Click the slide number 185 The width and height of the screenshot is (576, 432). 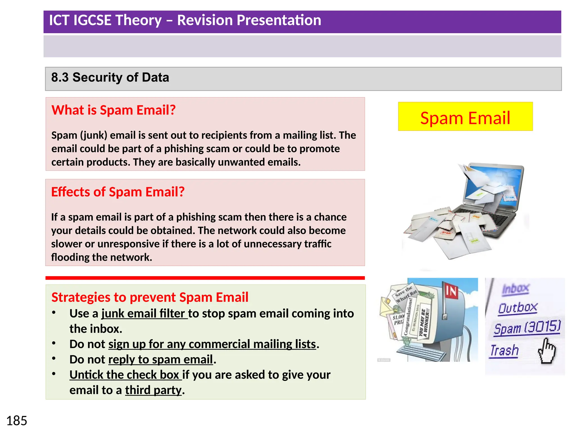(17, 421)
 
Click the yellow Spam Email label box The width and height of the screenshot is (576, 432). (465, 117)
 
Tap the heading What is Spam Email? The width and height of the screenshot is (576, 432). (113, 110)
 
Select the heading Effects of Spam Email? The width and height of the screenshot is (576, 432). (118, 192)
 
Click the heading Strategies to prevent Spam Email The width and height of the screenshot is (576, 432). (150, 297)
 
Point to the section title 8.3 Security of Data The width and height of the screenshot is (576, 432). (110, 77)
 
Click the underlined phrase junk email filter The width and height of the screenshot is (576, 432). (144, 314)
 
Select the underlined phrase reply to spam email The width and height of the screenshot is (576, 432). (161, 359)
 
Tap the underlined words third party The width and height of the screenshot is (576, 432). (153, 390)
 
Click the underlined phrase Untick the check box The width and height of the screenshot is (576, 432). (125, 375)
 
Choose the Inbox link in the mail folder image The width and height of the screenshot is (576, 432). (516, 289)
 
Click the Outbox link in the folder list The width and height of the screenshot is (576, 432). (517, 308)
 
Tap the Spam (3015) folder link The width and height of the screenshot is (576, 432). (527, 328)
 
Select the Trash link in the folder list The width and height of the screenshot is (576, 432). (504, 351)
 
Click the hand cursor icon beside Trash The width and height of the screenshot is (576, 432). (547, 351)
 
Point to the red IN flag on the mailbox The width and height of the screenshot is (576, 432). (451, 291)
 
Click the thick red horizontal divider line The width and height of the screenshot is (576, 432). (205, 278)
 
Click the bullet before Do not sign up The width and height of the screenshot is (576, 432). (54, 343)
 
